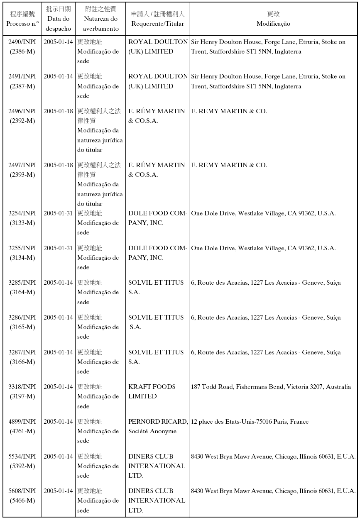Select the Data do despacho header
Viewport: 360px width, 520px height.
pos(59,19)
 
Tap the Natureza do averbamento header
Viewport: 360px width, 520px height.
pos(100,19)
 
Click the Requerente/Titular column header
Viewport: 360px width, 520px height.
pos(157,19)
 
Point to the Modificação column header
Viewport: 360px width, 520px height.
pos(273,19)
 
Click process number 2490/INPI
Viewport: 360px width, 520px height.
pos(22,42)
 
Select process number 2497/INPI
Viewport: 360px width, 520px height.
pos(22,165)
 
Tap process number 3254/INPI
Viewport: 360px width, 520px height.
pos(22,213)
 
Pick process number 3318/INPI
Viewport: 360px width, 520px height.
pos(22,387)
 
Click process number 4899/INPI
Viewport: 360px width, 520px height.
pos(22,422)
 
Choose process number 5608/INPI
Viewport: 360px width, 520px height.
pos(22,491)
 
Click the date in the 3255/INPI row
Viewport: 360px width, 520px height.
pos(59,248)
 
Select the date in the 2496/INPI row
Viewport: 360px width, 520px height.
pos(59,111)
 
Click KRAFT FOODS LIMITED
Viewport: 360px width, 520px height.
pos(152,391)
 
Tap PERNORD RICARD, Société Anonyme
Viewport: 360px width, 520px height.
pos(158,426)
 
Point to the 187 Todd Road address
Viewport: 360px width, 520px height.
pos(271,387)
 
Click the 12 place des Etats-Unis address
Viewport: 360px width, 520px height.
pos(250,422)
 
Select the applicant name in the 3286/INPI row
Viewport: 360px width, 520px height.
pos(156,322)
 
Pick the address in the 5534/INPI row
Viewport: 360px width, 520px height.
pos(273,457)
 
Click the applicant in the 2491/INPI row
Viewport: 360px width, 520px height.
pos(158,81)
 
